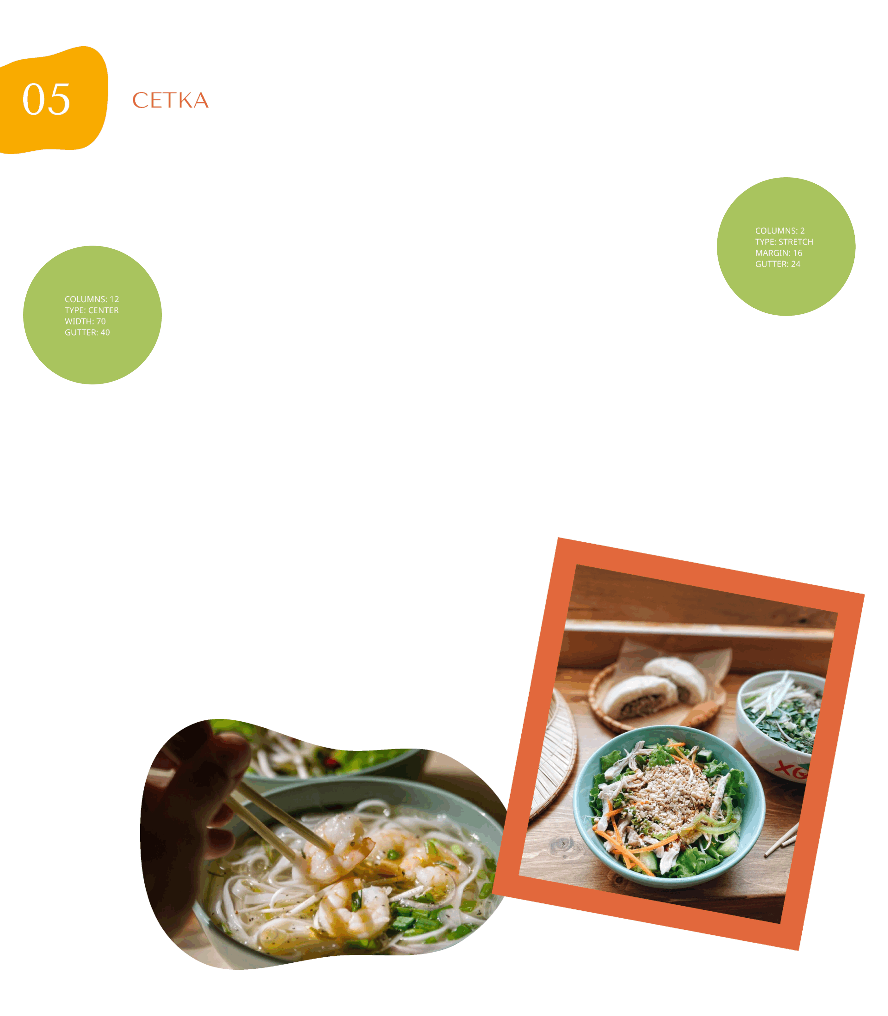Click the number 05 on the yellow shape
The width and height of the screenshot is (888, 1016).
click(46, 99)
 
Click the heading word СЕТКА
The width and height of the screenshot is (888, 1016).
click(171, 100)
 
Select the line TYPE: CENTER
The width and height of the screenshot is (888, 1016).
click(92, 310)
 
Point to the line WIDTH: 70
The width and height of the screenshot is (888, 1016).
click(85, 321)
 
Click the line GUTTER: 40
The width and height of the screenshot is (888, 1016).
click(87, 332)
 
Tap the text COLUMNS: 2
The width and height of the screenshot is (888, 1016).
click(780, 231)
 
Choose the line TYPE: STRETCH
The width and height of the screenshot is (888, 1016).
click(784, 242)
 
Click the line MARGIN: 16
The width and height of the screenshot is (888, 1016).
click(779, 253)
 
